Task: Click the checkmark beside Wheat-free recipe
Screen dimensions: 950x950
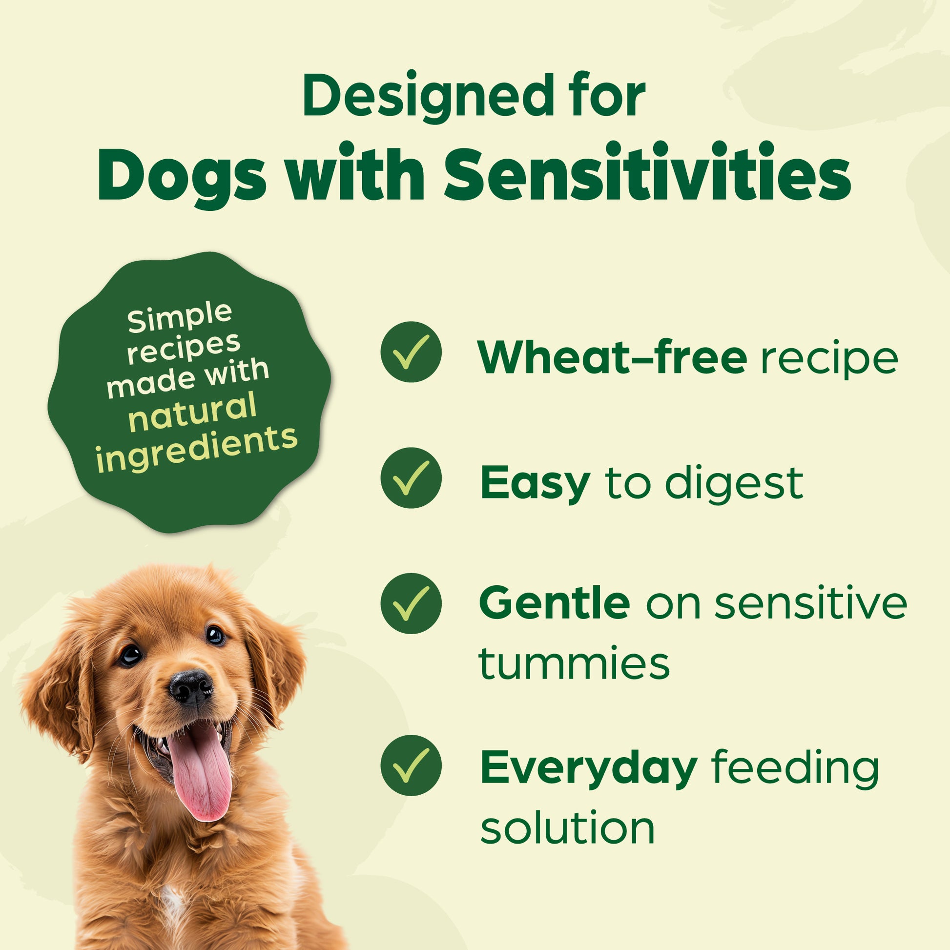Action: [x=411, y=352]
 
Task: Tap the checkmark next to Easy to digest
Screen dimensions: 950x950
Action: [x=411, y=478]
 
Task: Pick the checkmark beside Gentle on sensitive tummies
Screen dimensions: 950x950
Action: [x=411, y=603]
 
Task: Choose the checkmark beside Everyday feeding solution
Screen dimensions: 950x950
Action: [x=411, y=765]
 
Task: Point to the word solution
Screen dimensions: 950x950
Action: [x=567, y=827]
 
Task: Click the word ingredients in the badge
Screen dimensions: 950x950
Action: [x=196, y=449]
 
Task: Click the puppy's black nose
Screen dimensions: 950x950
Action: [x=191, y=685]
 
